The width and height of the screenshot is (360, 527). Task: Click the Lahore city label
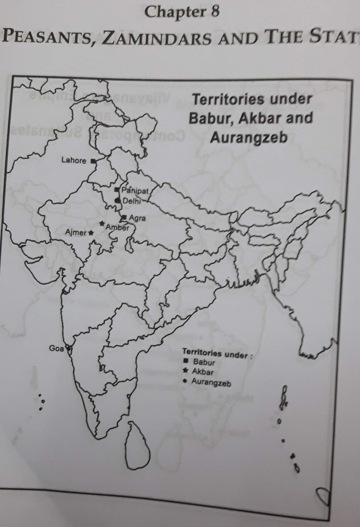click(x=74, y=160)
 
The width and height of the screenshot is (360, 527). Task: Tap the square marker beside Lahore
click(x=93, y=161)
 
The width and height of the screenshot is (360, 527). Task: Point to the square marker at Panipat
click(x=117, y=190)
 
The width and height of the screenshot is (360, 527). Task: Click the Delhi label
click(x=131, y=201)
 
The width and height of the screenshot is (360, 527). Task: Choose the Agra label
click(x=137, y=218)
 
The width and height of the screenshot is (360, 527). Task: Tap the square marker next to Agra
click(x=124, y=217)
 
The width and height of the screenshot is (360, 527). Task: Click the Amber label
click(x=117, y=227)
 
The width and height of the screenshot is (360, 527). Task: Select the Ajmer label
click(x=75, y=233)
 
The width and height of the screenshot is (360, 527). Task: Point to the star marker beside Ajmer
click(x=91, y=233)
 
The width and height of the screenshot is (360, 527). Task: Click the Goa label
click(x=56, y=348)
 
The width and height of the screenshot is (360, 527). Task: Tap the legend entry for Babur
click(x=204, y=362)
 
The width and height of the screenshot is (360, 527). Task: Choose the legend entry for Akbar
click(x=202, y=372)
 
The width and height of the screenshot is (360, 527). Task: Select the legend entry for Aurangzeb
click(x=211, y=382)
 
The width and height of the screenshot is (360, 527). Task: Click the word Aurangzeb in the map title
click(x=249, y=137)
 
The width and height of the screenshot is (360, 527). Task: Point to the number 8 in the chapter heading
click(x=214, y=13)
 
